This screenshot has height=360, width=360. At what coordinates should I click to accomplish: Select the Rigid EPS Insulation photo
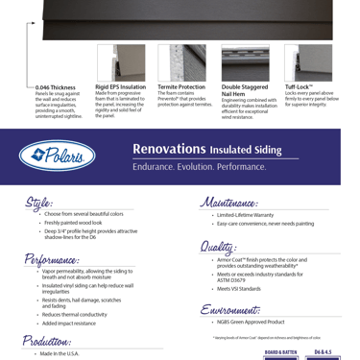point(113,63)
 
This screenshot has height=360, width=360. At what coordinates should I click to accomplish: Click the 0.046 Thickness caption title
point(55,87)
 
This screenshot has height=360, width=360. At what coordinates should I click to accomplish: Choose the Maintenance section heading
point(230,203)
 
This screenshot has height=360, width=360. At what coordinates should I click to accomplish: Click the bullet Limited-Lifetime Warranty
point(241,215)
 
